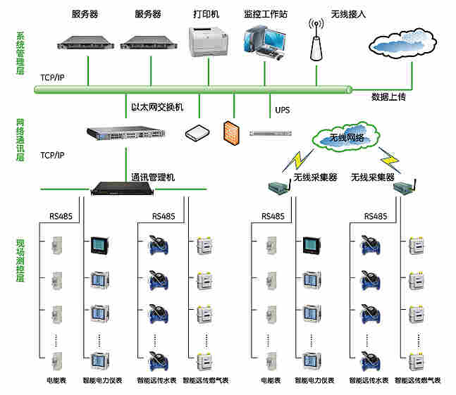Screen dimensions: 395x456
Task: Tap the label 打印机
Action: (x=207, y=14)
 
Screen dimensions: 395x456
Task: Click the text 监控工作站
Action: (x=266, y=14)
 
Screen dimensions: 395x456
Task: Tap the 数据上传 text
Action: (x=388, y=96)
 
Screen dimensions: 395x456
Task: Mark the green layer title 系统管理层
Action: (x=20, y=54)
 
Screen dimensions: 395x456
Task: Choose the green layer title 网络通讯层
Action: (x=20, y=139)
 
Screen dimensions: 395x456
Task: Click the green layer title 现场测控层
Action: (x=20, y=261)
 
